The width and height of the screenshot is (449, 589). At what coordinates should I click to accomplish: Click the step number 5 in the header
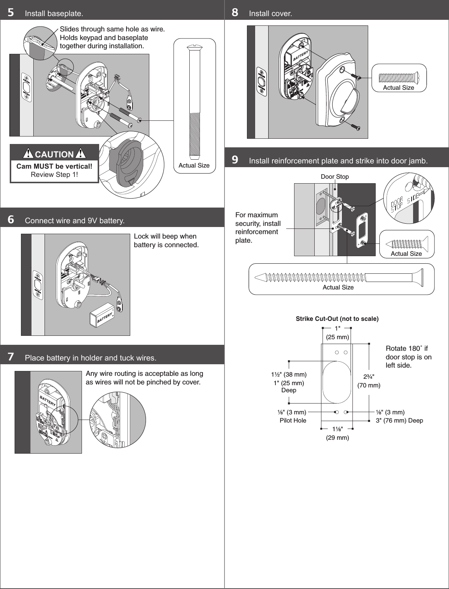[11, 13]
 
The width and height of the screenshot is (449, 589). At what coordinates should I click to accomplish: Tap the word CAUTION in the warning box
[54, 154]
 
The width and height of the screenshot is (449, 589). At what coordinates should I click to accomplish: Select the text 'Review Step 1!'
[54, 175]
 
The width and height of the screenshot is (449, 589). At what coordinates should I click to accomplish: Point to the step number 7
[11, 357]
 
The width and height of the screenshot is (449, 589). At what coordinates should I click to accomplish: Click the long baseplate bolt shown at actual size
[195, 101]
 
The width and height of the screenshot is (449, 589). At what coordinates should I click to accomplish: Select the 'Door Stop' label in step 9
[335, 177]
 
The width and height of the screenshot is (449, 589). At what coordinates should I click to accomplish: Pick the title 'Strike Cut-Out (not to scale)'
[337, 319]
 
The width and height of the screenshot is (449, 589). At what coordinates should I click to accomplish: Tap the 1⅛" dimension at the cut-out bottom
[337, 429]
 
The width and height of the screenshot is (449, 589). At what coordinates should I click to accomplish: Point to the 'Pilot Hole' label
[293, 420]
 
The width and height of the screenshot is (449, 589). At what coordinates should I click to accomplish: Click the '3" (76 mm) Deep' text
[399, 420]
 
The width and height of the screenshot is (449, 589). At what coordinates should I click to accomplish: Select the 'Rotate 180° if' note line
[406, 349]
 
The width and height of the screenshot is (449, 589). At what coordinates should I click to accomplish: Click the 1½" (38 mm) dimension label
[289, 374]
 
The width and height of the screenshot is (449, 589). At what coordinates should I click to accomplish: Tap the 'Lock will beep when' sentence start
[165, 236]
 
